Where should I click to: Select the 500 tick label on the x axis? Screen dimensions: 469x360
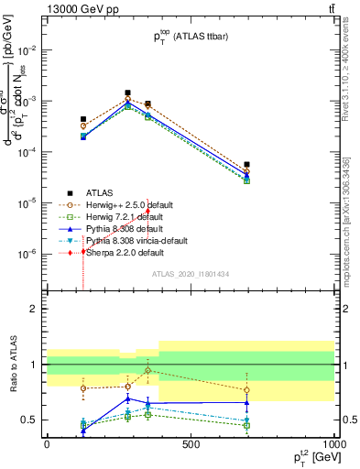(x=191, y=444)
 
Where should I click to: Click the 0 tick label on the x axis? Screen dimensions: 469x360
(x=47, y=444)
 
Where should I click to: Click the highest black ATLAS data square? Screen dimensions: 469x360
(x=128, y=93)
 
